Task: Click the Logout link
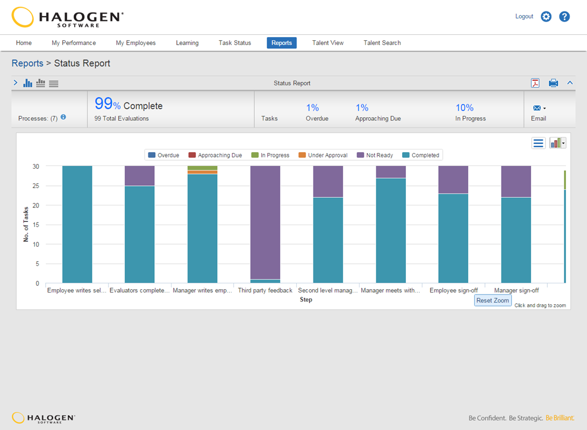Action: coord(524,17)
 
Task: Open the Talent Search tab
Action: coord(382,43)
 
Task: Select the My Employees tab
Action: coord(135,43)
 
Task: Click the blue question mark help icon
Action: coord(564,17)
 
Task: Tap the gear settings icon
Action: coord(546,17)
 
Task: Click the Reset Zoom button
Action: coord(492,300)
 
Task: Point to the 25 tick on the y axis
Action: coord(35,186)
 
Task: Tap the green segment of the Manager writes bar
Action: coord(203,168)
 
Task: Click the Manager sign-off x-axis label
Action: coord(516,291)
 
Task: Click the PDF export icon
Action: coord(535,83)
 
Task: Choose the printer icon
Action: coord(553,83)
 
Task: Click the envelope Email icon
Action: coord(536,108)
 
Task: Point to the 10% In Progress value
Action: coord(464,108)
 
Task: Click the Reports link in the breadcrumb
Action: coord(27,63)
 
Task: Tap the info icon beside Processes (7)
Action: coord(63,117)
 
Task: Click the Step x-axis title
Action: coord(306,299)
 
